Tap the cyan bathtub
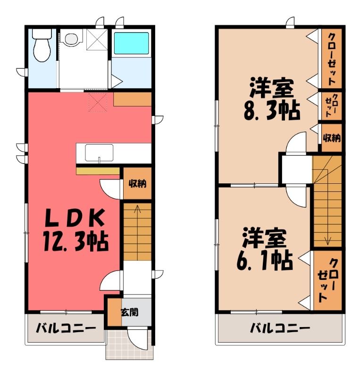coord(131,43)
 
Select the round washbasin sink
coord(71,38)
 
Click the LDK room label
coord(75,218)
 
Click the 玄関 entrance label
coord(130,312)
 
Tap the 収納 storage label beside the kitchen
coord(137,184)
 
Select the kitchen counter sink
coord(99,153)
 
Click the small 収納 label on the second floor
coord(332,138)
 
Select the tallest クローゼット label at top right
coord(332,59)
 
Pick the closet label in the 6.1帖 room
coord(327,280)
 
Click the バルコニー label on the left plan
coord(66,328)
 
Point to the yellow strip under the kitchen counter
coord(98,171)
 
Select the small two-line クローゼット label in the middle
coord(332,106)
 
